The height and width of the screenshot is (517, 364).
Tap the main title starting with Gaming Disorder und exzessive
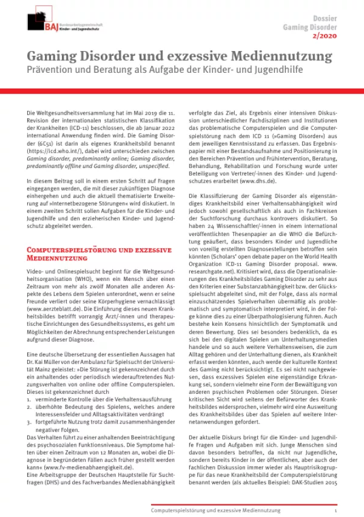(180, 58)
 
